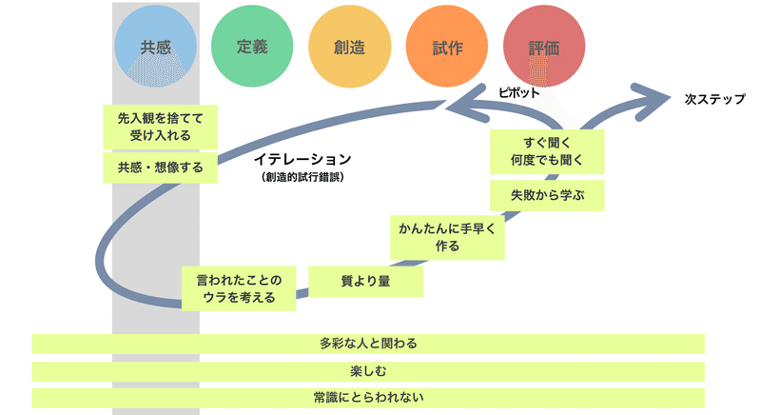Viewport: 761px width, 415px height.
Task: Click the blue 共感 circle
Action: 156,47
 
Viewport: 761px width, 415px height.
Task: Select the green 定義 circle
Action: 252,47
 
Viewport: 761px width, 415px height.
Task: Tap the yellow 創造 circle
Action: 349,47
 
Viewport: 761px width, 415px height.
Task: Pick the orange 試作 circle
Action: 447,47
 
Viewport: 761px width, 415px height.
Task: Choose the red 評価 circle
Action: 544,47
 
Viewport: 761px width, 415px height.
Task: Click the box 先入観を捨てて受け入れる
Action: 160,127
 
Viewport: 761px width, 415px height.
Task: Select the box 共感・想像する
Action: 160,168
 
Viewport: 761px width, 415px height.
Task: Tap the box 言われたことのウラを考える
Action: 239,288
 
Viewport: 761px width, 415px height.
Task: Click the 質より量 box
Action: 366,281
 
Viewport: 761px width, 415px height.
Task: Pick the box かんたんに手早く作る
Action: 447,237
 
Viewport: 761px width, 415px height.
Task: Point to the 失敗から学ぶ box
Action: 548,195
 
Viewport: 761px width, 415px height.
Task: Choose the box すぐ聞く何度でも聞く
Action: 548,151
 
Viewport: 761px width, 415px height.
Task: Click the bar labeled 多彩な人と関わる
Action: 368,344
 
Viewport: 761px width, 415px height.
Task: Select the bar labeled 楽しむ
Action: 368,371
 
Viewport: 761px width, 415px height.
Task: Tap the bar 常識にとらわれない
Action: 368,398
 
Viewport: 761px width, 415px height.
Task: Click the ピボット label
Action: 518,92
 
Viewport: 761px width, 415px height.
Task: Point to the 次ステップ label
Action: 715,99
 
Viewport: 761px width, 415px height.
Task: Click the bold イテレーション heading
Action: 302,159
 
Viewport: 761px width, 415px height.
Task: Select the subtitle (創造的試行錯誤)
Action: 302,177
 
